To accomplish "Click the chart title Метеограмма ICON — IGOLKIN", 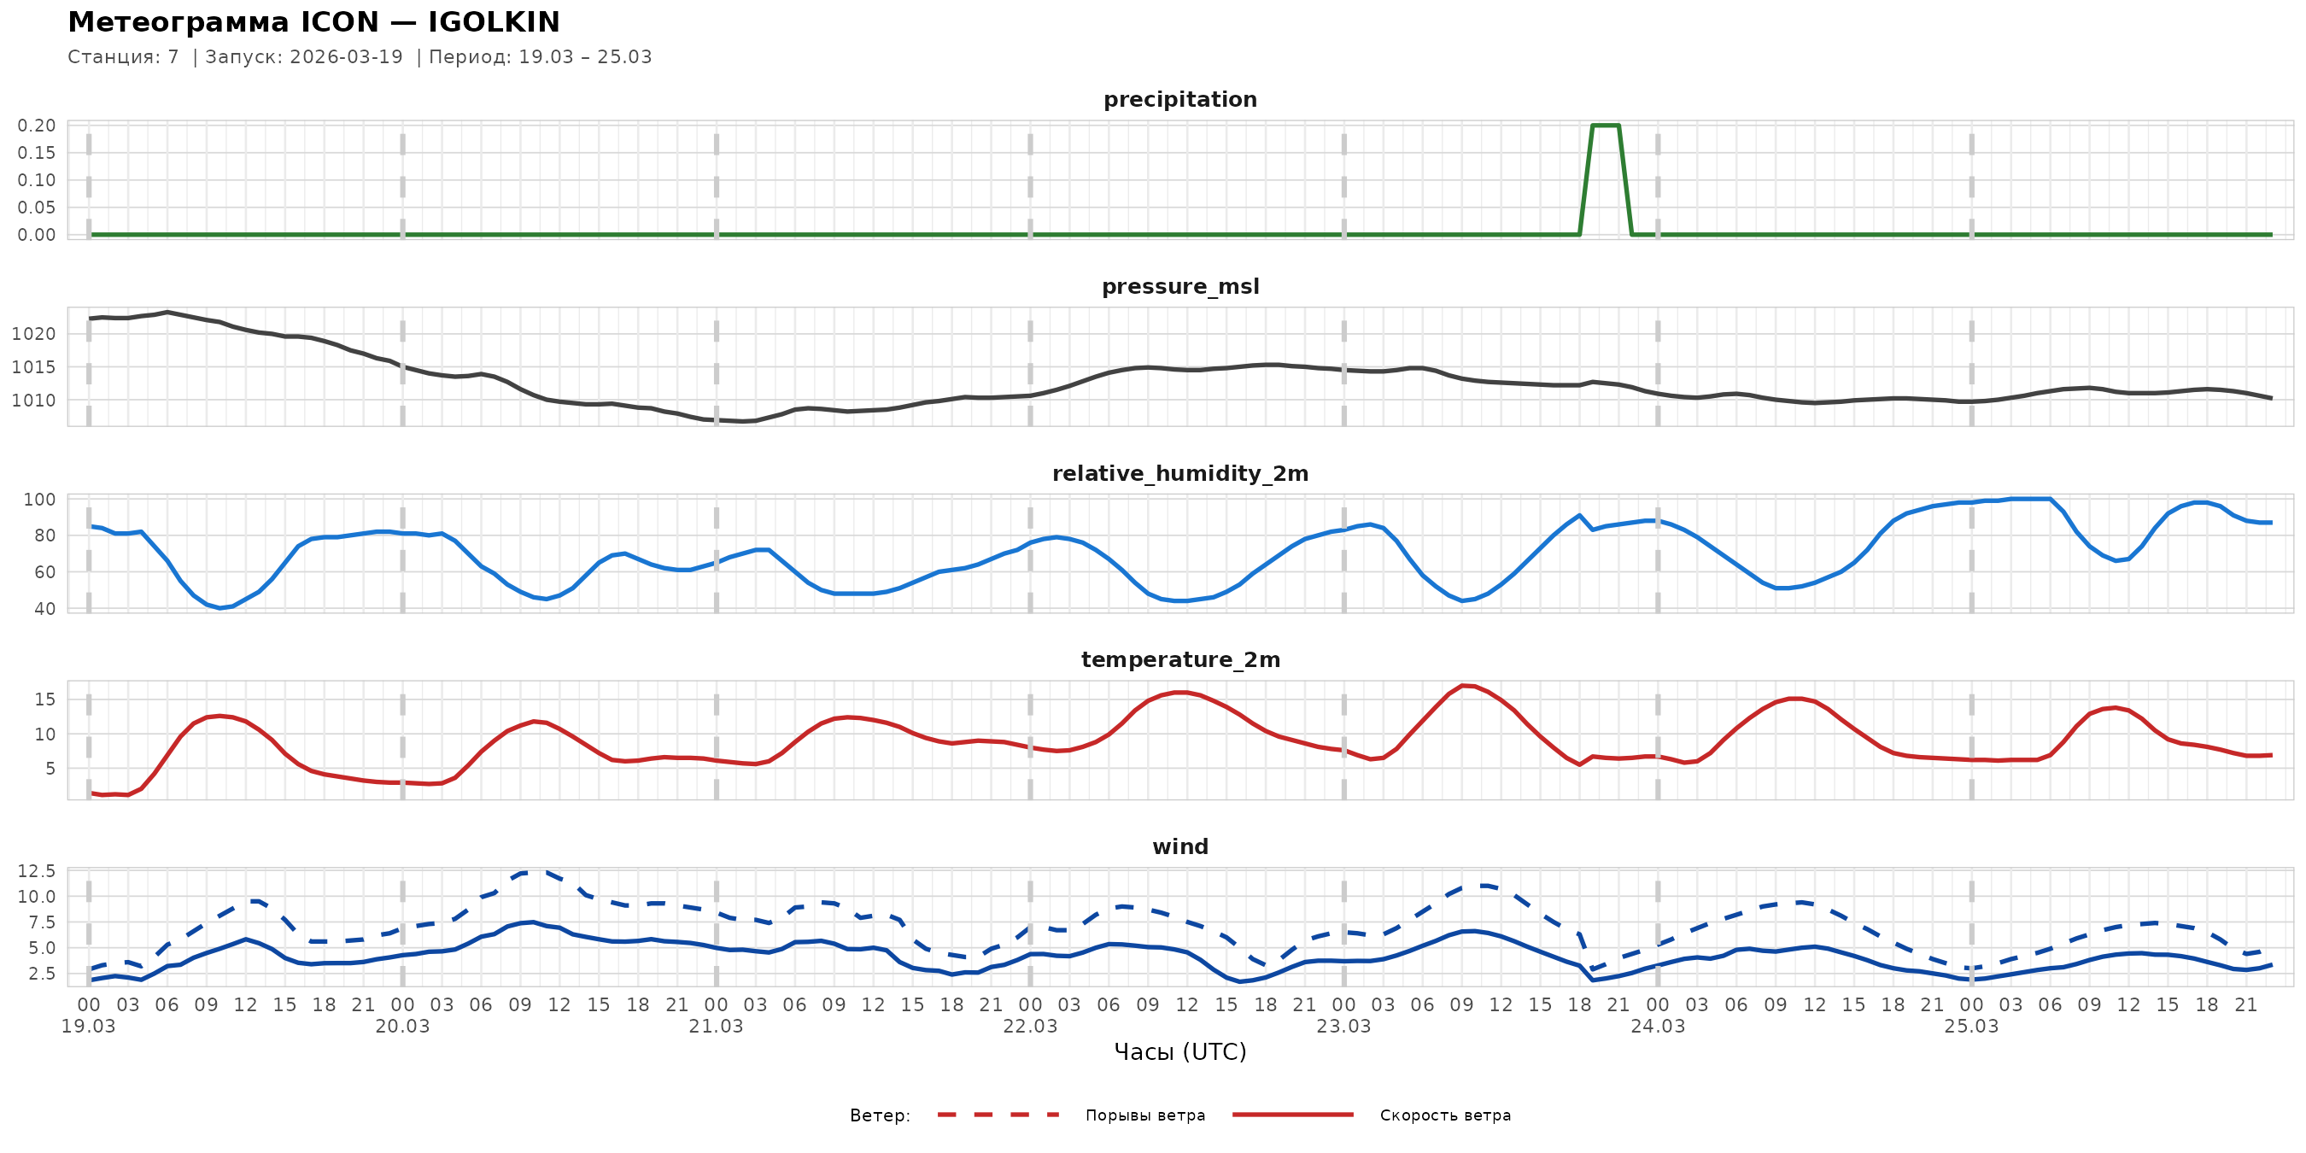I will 313,21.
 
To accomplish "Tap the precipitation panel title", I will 1179,99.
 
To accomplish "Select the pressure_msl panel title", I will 1179,286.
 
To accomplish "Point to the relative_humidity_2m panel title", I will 1179,473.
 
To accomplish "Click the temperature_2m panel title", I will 1179,659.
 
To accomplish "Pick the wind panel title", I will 1179,847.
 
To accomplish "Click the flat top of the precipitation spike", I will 1605,126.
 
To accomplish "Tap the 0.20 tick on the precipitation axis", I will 36,126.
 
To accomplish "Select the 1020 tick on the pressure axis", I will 33,334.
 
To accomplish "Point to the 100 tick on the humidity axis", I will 39,500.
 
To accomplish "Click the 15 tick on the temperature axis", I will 44,699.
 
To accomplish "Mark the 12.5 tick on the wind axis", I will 36,871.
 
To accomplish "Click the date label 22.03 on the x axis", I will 1029,1027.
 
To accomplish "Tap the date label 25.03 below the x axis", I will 1971,1027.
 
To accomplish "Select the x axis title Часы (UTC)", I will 1179,1052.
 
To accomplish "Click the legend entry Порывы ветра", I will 1145,1115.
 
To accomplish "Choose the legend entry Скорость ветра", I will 1445,1115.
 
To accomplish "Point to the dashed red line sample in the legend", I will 998,1115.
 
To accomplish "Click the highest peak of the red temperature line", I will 1463,686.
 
